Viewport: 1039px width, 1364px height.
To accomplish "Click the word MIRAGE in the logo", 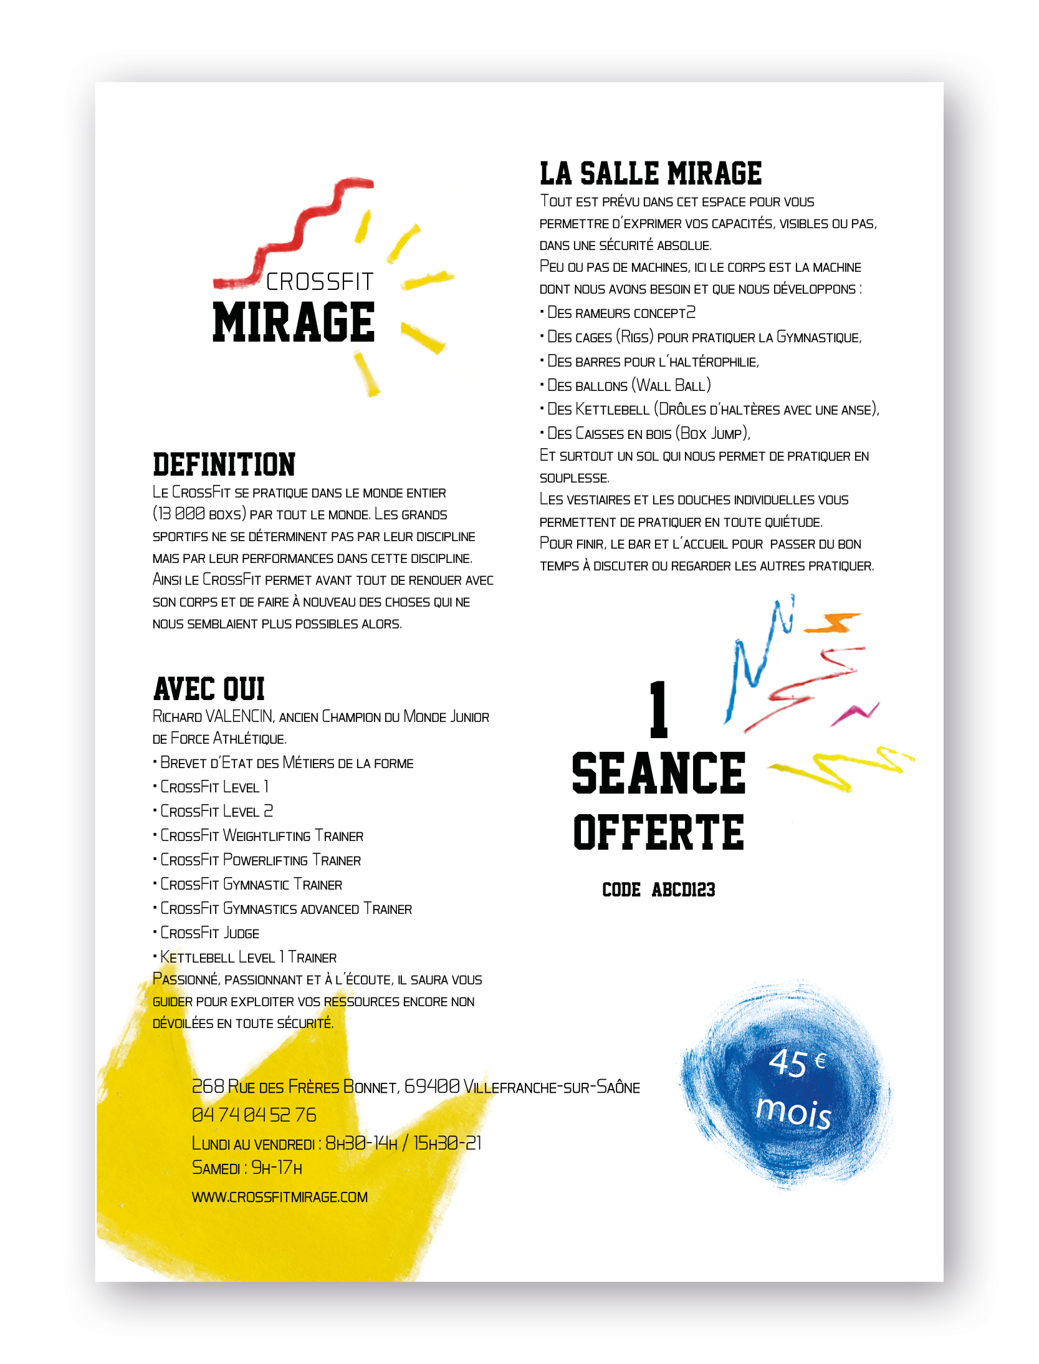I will (293, 322).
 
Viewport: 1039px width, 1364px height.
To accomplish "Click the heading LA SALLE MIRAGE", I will (651, 173).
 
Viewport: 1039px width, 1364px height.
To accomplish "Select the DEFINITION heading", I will (224, 465).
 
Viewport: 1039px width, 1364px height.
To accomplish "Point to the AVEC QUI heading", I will (209, 689).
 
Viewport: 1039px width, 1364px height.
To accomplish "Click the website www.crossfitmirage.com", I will (279, 1197).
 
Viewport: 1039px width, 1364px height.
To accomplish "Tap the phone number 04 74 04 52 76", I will (254, 1115).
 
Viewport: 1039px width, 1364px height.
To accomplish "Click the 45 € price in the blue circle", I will (797, 1062).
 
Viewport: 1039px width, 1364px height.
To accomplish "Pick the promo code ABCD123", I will (683, 890).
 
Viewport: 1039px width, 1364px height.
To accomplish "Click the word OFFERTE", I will (658, 833).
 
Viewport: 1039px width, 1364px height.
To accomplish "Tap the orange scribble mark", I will (834, 622).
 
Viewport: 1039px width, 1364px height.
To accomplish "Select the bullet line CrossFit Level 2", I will (216, 811).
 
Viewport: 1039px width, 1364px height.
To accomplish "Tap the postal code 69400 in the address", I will (432, 1087).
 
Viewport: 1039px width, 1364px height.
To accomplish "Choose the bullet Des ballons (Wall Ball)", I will (628, 386).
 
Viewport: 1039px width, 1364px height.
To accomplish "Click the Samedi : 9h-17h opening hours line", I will (247, 1168).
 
